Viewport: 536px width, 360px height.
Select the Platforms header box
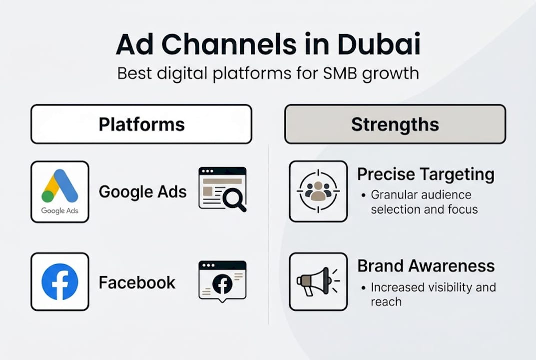[x=141, y=124]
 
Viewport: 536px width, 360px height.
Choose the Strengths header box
[x=395, y=124]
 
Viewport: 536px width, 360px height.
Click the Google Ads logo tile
[x=60, y=191]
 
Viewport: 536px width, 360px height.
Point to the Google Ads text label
[x=142, y=191]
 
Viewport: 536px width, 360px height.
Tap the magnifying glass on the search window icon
[x=233, y=199]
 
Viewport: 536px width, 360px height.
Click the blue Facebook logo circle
[x=60, y=281]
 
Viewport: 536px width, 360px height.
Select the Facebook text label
[x=137, y=282]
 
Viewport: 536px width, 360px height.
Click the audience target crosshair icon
[x=318, y=191]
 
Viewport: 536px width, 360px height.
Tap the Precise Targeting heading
[x=426, y=174]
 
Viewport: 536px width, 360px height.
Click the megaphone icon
[x=318, y=281]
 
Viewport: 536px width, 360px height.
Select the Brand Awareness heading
[x=426, y=266]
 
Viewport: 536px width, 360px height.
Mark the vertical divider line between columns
[x=269, y=235]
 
